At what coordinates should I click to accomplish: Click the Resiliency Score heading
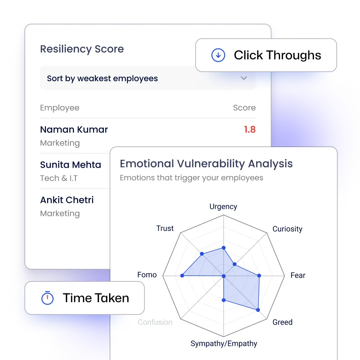tap(82, 49)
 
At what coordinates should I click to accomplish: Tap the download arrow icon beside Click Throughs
tap(218, 55)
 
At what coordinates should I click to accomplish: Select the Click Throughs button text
tap(277, 55)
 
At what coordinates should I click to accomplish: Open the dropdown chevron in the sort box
tap(244, 78)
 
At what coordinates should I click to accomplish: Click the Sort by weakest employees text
tap(102, 79)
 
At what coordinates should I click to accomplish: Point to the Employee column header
tap(60, 108)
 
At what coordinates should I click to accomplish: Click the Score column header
tap(244, 108)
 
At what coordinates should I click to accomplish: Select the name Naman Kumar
tap(74, 129)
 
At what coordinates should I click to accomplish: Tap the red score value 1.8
tap(250, 129)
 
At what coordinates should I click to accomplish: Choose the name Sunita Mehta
tap(70, 165)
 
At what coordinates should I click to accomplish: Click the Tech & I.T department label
tap(59, 178)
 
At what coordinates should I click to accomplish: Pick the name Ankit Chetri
tap(67, 200)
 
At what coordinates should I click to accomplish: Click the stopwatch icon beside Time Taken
tap(47, 298)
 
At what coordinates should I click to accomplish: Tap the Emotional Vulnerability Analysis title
tap(206, 164)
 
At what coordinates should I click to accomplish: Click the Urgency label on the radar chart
tap(223, 206)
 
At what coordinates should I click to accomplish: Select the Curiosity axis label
tap(287, 229)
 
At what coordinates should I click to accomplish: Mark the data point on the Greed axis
tap(258, 310)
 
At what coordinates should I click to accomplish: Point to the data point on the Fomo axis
tap(183, 275)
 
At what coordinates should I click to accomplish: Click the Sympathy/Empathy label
tap(224, 344)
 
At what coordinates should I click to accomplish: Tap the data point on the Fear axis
tap(259, 275)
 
